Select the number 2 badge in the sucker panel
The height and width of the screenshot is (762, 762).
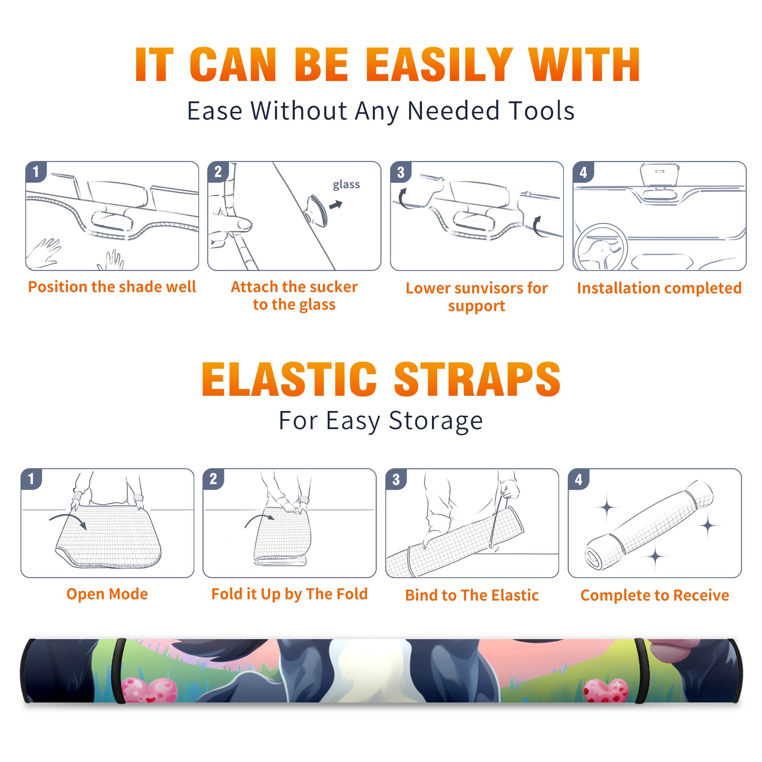218,171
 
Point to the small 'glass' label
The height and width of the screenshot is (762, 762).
346,185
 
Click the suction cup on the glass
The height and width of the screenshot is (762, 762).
316,210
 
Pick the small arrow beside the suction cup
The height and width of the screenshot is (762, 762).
336,205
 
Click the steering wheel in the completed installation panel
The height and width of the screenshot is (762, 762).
600,248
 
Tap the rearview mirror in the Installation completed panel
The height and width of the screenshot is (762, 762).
659,175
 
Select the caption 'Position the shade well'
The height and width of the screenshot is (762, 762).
112,287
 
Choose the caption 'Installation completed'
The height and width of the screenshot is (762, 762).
659,288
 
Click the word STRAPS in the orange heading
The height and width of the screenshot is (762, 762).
477,379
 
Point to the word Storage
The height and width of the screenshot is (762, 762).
436,421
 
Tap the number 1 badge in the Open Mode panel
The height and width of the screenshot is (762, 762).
31,479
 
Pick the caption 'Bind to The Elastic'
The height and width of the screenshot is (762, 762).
472,595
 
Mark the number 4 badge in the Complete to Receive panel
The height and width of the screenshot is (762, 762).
579,479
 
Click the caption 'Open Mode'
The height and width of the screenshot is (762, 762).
107,594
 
